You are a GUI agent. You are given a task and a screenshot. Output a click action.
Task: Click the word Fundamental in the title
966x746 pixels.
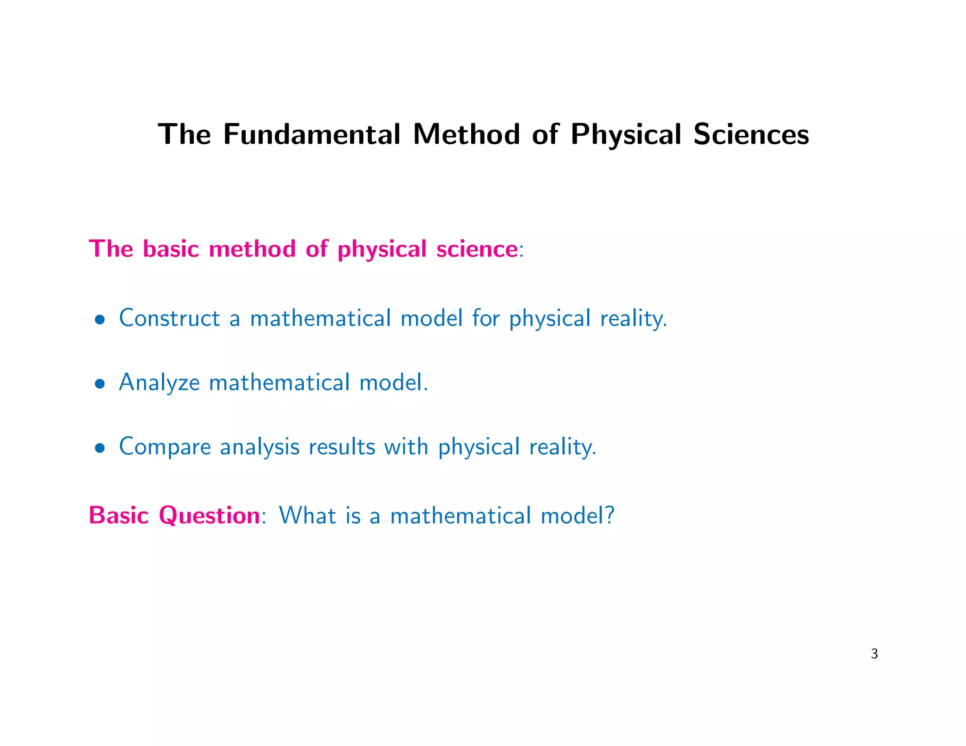click(x=311, y=134)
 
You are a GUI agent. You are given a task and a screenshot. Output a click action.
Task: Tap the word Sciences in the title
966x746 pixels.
click(x=751, y=134)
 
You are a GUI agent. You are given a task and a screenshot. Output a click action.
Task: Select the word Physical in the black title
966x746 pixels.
click(x=625, y=135)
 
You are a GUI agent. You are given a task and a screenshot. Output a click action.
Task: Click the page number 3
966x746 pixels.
click(x=874, y=654)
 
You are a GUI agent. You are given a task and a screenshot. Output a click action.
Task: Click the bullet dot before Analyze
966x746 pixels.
click(x=99, y=384)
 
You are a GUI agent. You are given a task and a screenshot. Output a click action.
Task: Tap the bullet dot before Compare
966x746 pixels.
click(x=99, y=448)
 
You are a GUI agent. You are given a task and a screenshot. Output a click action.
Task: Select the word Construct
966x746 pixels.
click(x=169, y=318)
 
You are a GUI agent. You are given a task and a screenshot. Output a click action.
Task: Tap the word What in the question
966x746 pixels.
click(x=307, y=515)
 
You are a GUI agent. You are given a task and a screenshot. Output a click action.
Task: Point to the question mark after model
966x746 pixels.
click(x=609, y=515)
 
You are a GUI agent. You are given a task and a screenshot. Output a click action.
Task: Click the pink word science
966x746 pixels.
click(x=477, y=249)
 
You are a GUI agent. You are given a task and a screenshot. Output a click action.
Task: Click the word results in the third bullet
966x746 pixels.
click(x=341, y=447)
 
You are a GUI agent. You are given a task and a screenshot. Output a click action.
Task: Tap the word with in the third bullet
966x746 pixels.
click(x=406, y=446)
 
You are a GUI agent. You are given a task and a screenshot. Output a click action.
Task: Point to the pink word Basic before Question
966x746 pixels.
click(x=119, y=515)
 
